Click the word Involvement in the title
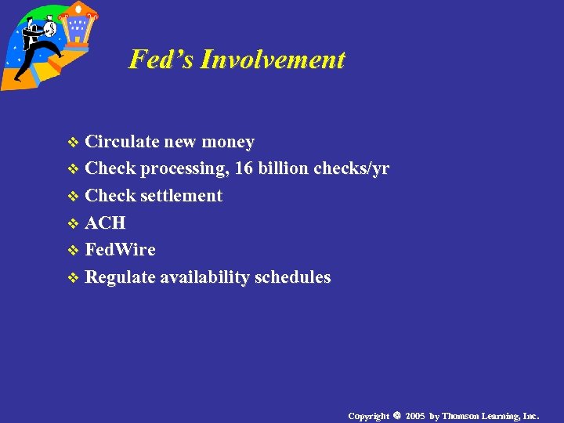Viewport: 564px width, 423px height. (x=272, y=60)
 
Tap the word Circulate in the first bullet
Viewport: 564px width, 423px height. (x=121, y=142)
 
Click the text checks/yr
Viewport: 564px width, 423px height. (x=352, y=168)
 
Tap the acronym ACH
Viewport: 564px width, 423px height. (x=105, y=223)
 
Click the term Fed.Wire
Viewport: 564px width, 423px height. (x=120, y=250)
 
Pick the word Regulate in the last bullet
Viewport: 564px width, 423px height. (x=120, y=277)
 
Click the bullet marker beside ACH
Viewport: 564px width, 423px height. (x=74, y=224)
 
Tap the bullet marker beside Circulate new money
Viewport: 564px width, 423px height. (x=74, y=143)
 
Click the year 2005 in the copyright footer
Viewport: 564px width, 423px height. (x=415, y=416)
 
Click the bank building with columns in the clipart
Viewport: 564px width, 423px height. (x=79, y=27)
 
